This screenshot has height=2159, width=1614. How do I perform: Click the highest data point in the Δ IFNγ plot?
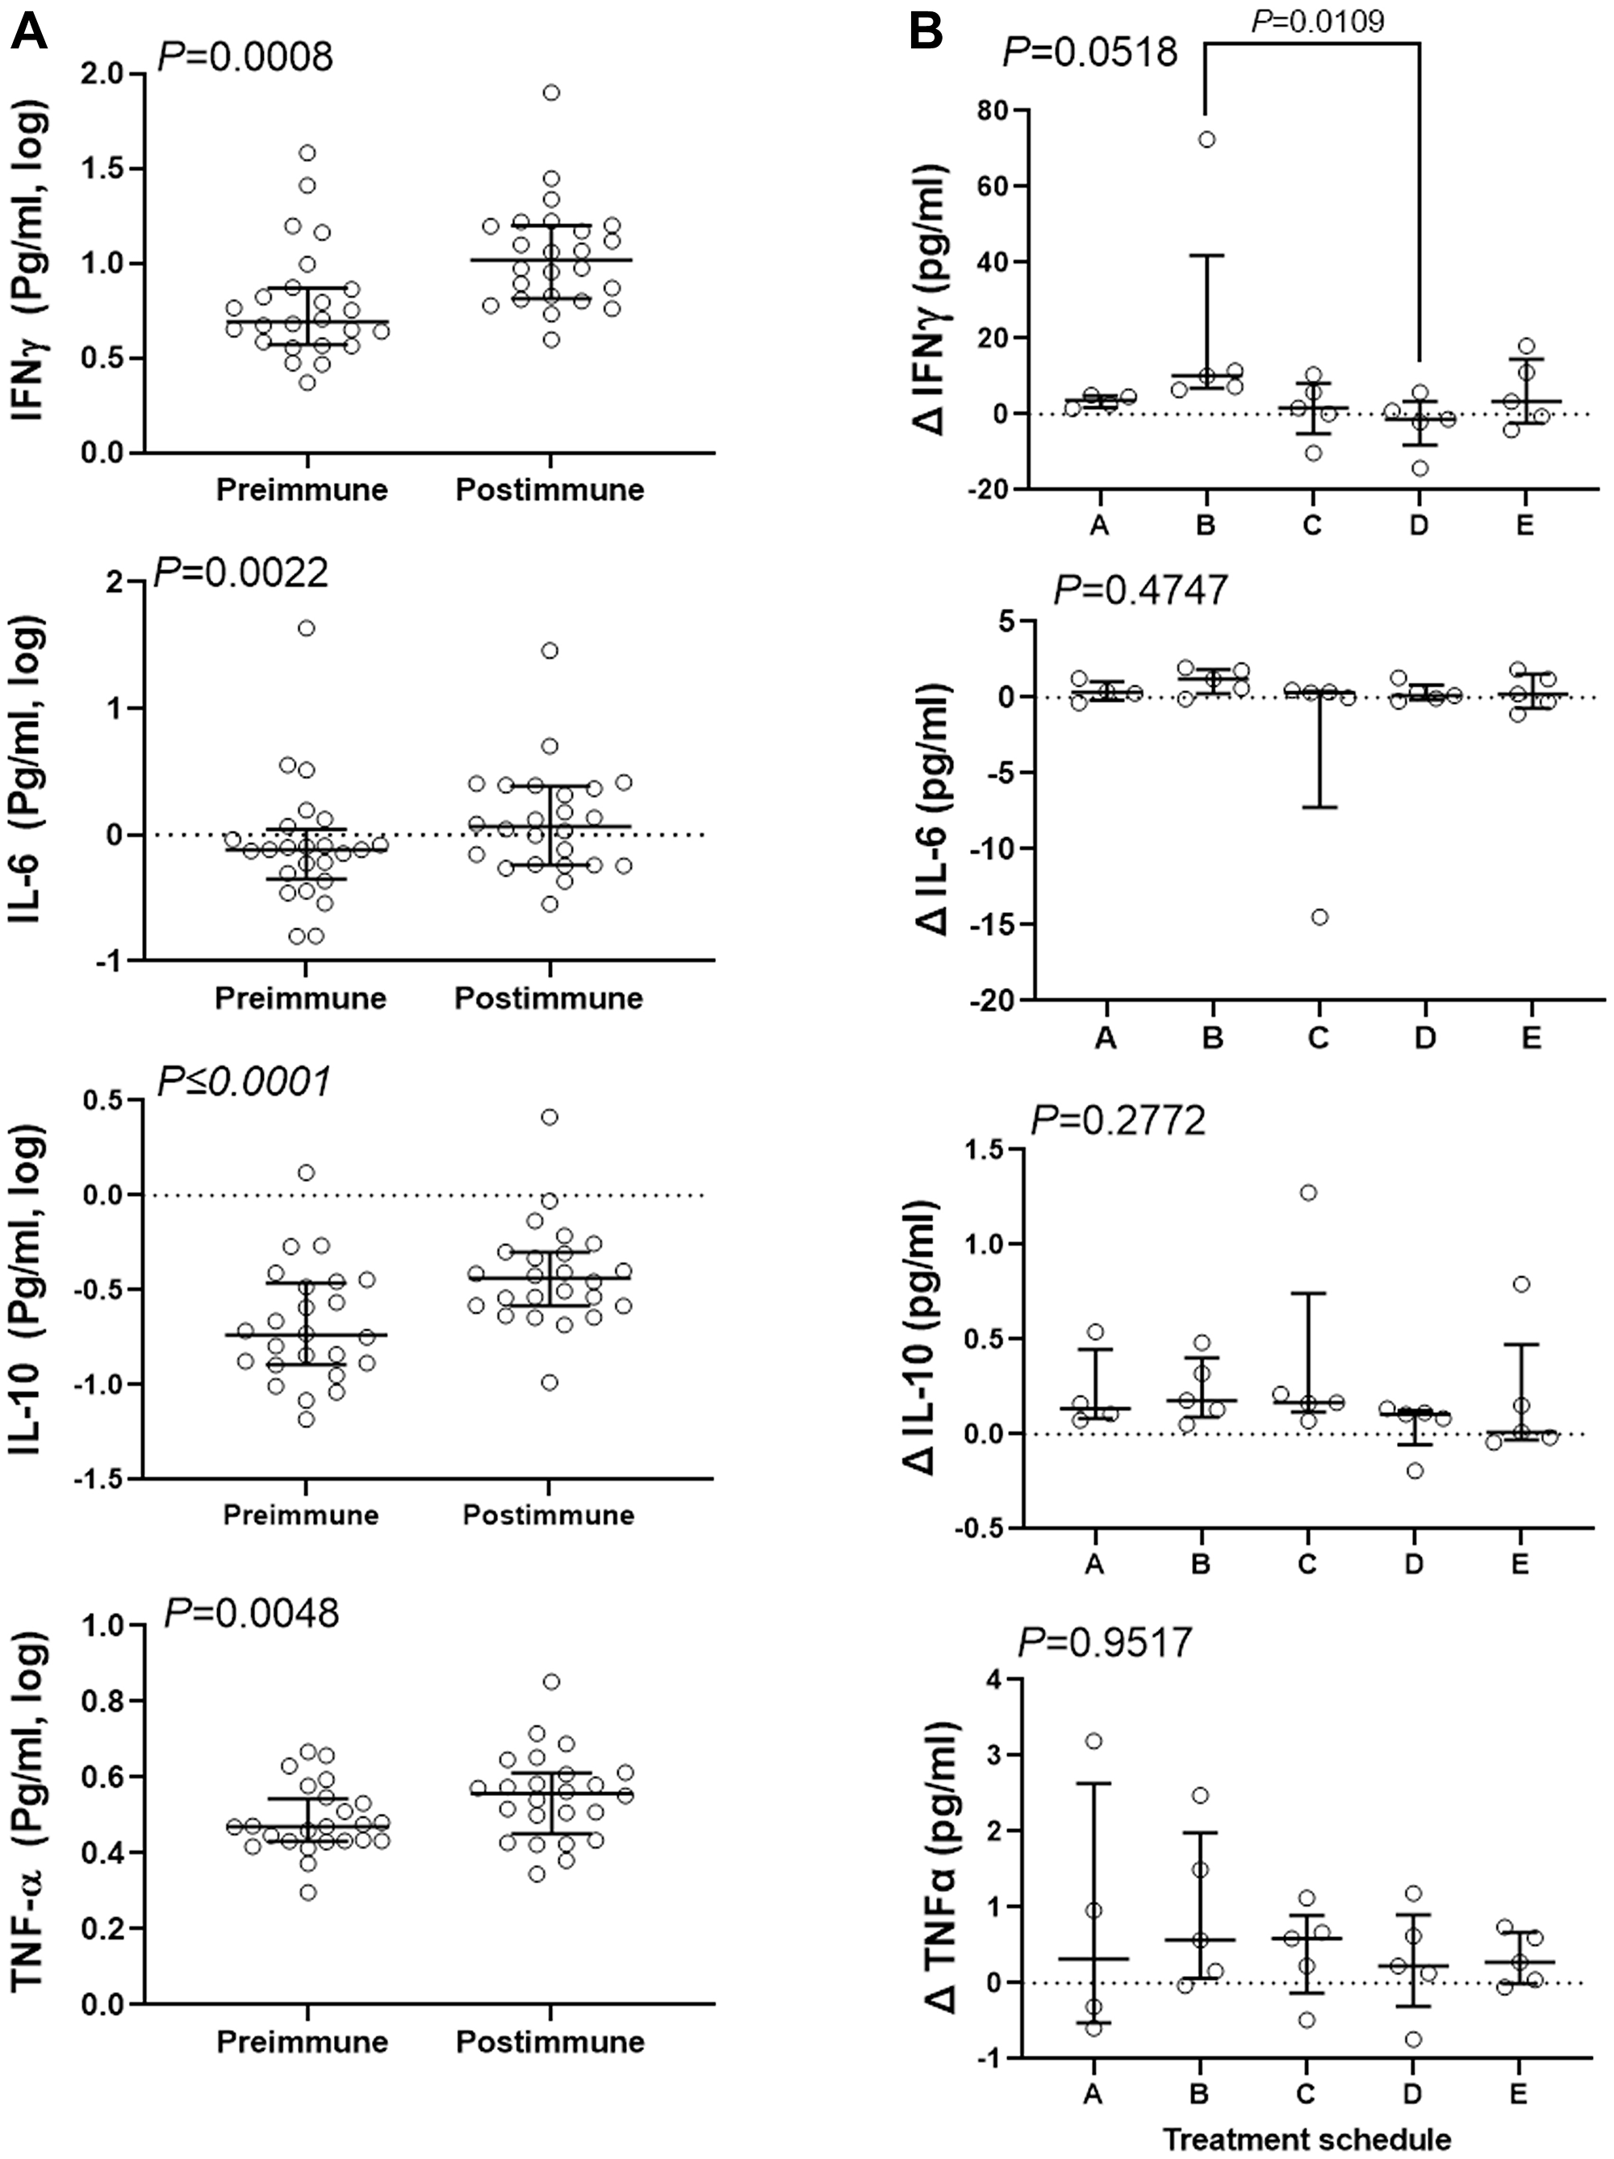tap(1206, 139)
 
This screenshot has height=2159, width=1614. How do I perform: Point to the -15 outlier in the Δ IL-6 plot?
tap(1319, 916)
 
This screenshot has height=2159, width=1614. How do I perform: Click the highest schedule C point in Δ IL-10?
tap(1308, 1192)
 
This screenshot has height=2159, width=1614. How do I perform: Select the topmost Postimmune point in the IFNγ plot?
tap(550, 93)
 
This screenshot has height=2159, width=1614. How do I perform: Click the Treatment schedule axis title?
tap(1307, 2139)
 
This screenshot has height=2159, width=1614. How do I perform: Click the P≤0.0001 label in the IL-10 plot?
tap(244, 1081)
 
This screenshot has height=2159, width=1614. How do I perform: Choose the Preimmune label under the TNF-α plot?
tap(302, 2041)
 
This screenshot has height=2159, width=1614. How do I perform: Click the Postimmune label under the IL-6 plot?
tap(549, 998)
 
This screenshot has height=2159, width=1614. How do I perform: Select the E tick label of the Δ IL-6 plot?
tap(1530, 1036)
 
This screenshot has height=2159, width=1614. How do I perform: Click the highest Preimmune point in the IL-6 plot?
tap(306, 627)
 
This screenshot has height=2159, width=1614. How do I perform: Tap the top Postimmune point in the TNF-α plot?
tap(550, 1681)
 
